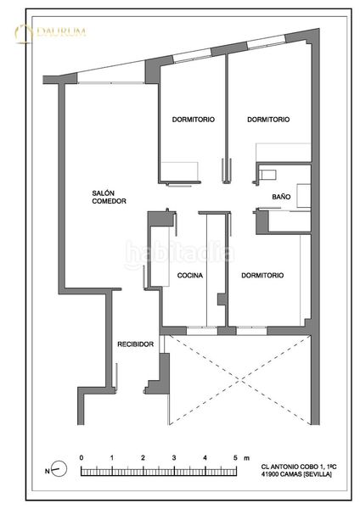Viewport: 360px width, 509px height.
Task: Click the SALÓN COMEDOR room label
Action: tap(109, 197)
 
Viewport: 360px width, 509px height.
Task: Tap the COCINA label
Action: tap(190, 275)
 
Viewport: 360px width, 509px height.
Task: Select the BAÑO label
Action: tap(281, 197)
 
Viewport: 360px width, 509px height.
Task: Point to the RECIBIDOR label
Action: tap(136, 344)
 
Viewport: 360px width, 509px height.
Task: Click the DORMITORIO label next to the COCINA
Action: tap(262, 275)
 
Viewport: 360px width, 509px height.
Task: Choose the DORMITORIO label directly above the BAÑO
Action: tap(268, 120)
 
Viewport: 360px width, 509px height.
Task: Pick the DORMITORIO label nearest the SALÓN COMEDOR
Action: tap(194, 120)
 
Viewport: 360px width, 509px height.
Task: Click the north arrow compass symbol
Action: tap(59, 469)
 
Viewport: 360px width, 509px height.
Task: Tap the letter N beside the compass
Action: tap(47, 471)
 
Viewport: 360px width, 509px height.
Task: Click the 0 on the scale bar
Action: tap(82, 458)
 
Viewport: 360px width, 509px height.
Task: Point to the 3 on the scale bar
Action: tap(174, 458)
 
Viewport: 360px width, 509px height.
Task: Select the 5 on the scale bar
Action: tap(235, 458)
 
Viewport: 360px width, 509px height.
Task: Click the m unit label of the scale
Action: tap(247, 458)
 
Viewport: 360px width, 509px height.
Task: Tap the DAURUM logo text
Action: tap(61, 32)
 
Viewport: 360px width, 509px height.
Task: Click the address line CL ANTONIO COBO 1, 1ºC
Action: tap(299, 467)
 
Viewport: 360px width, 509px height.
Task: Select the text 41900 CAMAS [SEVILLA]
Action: tap(296, 474)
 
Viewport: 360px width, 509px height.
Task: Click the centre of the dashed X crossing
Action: tap(239, 379)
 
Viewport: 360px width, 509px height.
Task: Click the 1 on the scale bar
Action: tap(112, 458)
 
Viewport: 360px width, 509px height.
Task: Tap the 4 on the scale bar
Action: tap(205, 458)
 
